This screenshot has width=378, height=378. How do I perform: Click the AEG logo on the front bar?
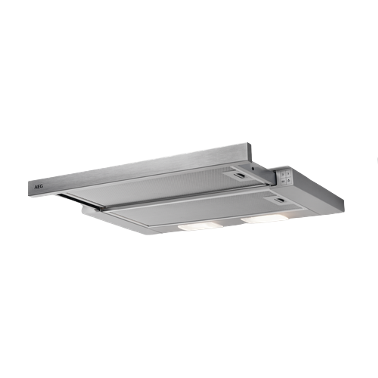click(38, 186)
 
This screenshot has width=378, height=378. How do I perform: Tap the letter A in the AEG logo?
click(36, 187)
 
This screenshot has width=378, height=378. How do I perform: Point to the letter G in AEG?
click(41, 186)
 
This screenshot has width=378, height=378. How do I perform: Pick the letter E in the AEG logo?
click(38, 186)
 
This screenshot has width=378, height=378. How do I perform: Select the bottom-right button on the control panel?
click(289, 181)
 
